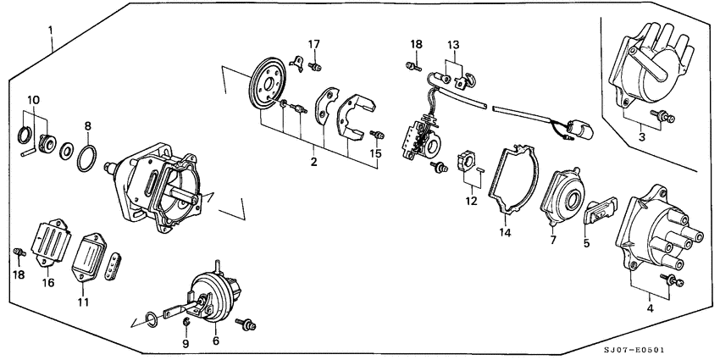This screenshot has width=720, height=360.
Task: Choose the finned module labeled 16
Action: (x=52, y=242)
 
